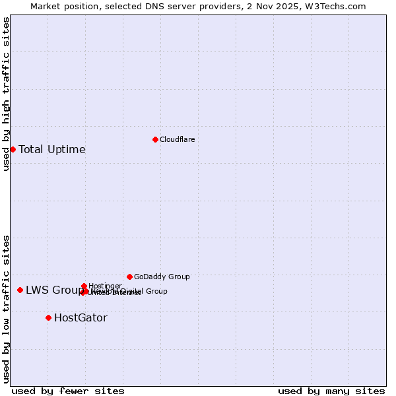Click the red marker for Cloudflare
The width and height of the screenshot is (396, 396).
coord(155,139)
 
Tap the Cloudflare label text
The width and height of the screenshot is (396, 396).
coord(177,139)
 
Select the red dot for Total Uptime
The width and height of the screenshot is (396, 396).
coord(13,149)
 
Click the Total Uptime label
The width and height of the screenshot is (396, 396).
coord(51,149)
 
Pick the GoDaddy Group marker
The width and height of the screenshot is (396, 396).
coord(129,277)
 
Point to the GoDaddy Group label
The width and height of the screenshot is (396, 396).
coord(162,277)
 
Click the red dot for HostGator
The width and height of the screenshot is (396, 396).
coord(48,317)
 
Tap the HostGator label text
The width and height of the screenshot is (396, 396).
coord(81,317)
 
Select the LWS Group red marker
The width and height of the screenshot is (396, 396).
coord(20,290)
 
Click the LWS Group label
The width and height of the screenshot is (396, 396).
coord(53,290)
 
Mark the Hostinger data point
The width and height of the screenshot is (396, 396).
coord(84,286)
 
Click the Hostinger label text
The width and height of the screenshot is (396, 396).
coord(105,286)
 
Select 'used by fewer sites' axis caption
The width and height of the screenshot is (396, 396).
coord(68,391)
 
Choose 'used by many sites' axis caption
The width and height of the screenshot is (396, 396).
coord(331,391)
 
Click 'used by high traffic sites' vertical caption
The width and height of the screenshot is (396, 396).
coord(6,94)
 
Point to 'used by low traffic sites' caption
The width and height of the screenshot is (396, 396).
coord(6,309)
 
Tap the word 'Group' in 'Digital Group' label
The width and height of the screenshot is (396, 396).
coord(156,291)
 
